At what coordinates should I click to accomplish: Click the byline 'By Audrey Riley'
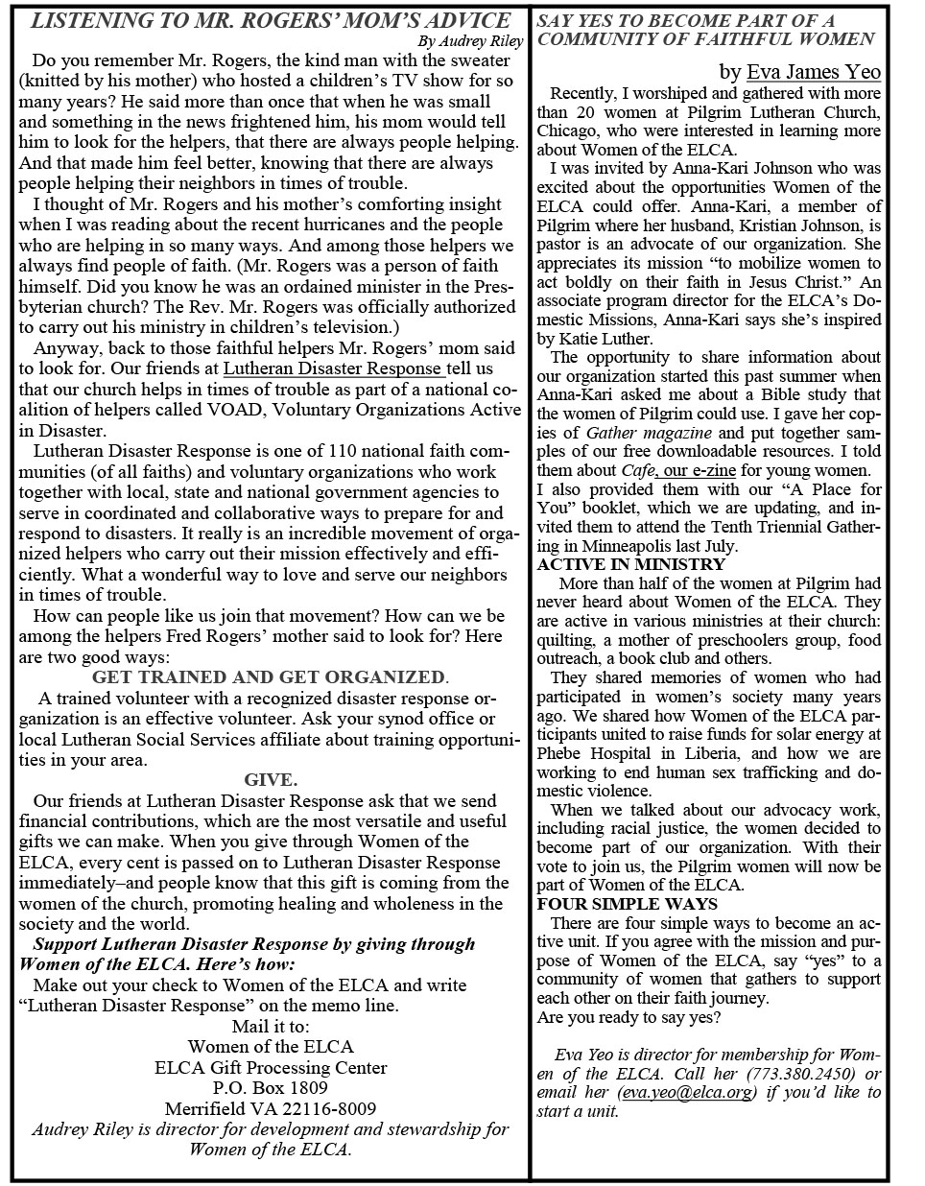471,41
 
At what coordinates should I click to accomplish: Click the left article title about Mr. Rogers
271,21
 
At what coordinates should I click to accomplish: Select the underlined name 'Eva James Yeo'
813,72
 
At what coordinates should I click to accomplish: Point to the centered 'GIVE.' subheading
271,779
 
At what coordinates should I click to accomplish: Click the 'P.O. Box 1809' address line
271,1088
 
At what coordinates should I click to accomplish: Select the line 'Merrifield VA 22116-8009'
271,1108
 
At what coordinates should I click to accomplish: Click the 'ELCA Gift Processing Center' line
271,1067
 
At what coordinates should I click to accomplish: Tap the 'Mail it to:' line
271,1026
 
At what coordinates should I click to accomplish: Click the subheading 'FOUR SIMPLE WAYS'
627,904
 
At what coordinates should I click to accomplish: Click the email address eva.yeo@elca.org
687,1093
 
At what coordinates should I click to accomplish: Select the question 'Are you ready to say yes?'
629,1017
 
